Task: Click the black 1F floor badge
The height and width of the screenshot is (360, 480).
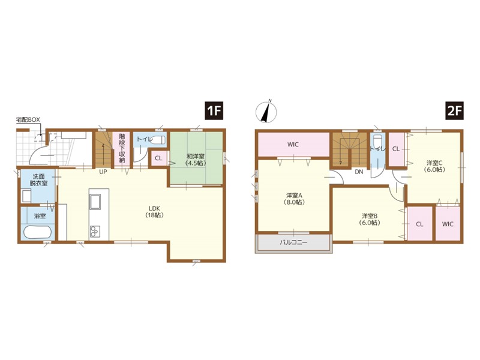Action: pyautogui.click(x=214, y=110)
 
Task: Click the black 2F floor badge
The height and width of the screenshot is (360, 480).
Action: pyautogui.click(x=454, y=110)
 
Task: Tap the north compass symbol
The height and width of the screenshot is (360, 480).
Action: pyautogui.click(x=266, y=111)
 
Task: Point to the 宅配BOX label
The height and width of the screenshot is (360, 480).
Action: pyautogui.click(x=28, y=119)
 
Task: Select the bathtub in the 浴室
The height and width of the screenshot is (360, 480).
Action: pyautogui.click(x=37, y=232)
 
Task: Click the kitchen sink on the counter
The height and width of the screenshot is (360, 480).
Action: pyautogui.click(x=95, y=202)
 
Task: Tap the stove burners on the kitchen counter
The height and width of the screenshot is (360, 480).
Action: pyautogui.click(x=95, y=231)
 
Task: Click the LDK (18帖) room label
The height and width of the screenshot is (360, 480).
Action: pyautogui.click(x=154, y=212)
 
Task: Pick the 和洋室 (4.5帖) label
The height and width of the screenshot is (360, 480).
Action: pyautogui.click(x=196, y=160)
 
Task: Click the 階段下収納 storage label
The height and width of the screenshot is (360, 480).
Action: pyautogui.click(x=122, y=148)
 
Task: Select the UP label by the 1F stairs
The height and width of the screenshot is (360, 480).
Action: pyautogui.click(x=103, y=172)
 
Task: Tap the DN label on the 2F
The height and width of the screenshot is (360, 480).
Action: pyautogui.click(x=359, y=172)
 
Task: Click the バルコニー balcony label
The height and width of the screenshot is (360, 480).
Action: pyautogui.click(x=293, y=243)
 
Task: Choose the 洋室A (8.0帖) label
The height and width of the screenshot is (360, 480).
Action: pyautogui.click(x=294, y=199)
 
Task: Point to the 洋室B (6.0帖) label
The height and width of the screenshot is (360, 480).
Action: pyautogui.click(x=370, y=219)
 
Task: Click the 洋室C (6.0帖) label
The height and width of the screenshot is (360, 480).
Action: pyautogui.click(x=434, y=166)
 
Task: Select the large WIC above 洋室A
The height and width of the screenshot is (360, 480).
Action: pyautogui.click(x=293, y=145)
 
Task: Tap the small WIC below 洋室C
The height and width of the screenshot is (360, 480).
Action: pyautogui.click(x=448, y=224)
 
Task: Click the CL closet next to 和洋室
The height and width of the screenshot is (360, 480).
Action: pyautogui.click(x=158, y=158)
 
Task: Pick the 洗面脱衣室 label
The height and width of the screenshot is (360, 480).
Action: pyautogui.click(x=38, y=180)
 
